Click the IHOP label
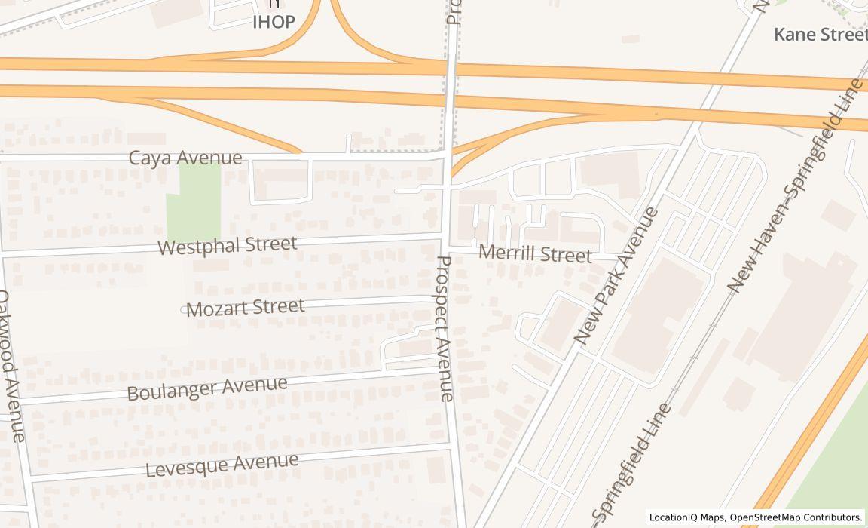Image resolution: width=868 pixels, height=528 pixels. click(x=274, y=23)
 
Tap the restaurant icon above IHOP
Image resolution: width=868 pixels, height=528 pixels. click(x=274, y=5)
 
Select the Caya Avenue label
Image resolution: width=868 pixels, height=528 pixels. click(x=185, y=158)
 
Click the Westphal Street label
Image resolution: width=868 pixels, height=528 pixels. click(x=227, y=245)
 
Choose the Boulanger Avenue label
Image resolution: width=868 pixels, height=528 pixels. click(x=207, y=388)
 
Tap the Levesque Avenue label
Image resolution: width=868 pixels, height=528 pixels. click(x=222, y=465)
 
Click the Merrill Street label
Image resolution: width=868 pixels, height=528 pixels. click(x=536, y=254)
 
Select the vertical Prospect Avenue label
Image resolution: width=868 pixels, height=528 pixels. click(x=445, y=328)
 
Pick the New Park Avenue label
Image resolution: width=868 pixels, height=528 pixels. click(x=616, y=276)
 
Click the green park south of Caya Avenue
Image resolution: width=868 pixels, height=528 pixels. click(x=194, y=201)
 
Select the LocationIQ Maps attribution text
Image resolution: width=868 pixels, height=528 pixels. click(x=756, y=517)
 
